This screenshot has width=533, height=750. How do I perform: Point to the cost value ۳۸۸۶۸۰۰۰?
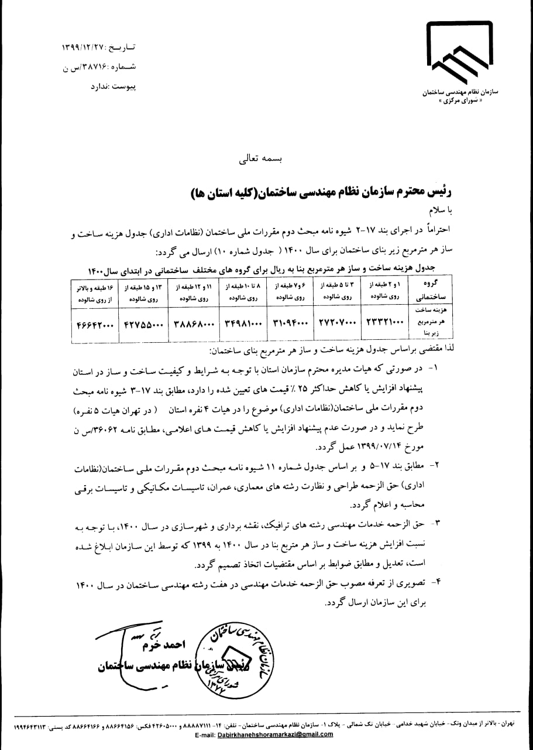(x=191, y=323)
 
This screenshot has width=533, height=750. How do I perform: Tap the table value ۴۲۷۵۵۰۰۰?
(x=142, y=323)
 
